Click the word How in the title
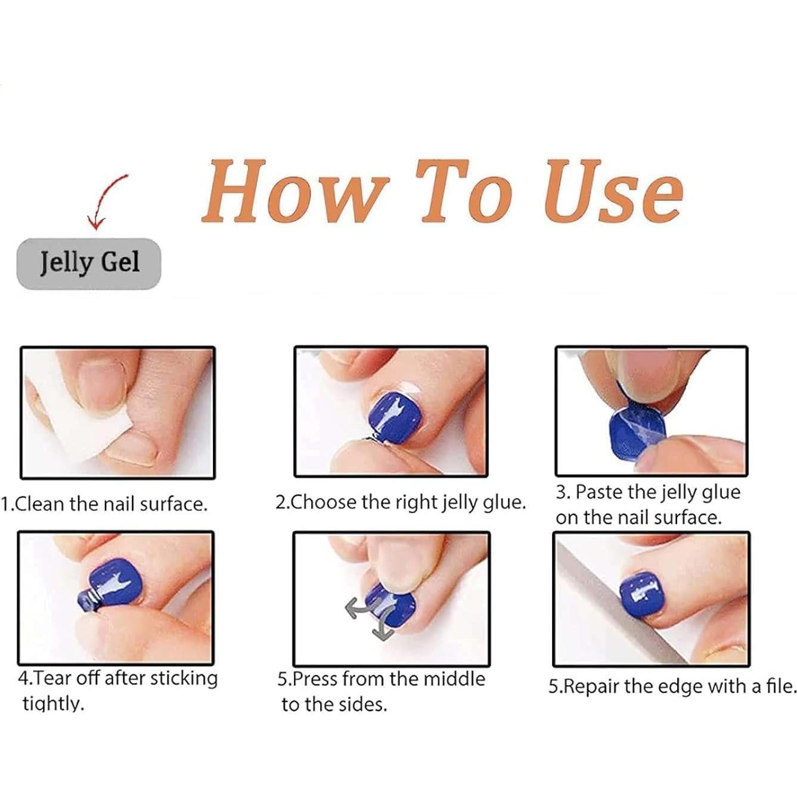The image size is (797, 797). tap(296, 192)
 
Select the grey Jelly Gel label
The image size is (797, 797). tap(88, 263)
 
